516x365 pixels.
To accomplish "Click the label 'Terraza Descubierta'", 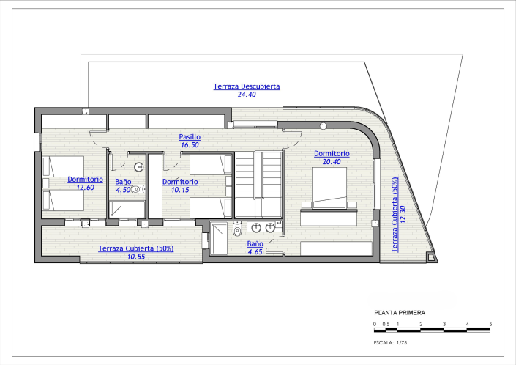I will point(247,86).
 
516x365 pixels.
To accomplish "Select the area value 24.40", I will point(247,95).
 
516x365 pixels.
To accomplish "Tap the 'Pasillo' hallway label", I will point(190,137).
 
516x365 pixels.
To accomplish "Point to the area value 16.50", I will point(190,145).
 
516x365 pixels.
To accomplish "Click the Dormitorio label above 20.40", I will point(332,154).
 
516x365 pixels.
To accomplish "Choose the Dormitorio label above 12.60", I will point(85,179).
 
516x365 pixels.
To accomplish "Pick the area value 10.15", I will point(180,189).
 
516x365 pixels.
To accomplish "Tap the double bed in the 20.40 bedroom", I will point(333,188).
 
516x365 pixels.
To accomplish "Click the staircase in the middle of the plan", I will point(258,183).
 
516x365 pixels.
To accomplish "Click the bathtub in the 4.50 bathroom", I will point(127,208).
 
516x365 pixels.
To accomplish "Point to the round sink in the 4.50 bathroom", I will point(136,166).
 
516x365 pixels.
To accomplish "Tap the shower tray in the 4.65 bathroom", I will point(219,238).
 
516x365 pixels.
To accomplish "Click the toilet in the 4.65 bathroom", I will point(236,232).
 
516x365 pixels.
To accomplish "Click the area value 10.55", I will point(136,257).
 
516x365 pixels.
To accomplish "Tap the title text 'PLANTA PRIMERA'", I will point(399,312).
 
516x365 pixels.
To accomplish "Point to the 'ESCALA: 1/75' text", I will point(394,342).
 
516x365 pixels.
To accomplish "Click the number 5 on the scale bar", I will point(490,323).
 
